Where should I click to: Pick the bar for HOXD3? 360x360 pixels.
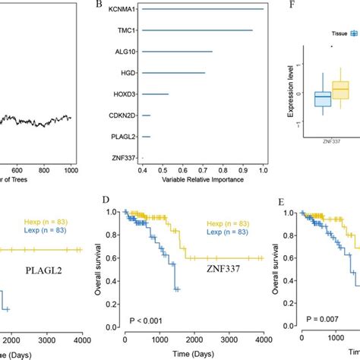click(156, 95)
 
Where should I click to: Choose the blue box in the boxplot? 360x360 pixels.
click(323, 99)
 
